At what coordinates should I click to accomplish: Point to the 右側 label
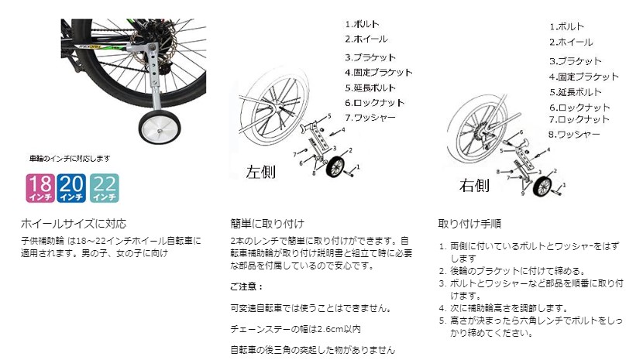(473, 185)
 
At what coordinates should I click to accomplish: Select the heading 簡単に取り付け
(267, 225)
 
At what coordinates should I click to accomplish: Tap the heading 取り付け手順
(469, 225)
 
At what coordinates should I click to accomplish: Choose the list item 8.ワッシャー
(575, 135)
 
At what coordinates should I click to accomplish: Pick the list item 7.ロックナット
(579, 120)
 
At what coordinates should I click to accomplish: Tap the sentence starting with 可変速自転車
(309, 308)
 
